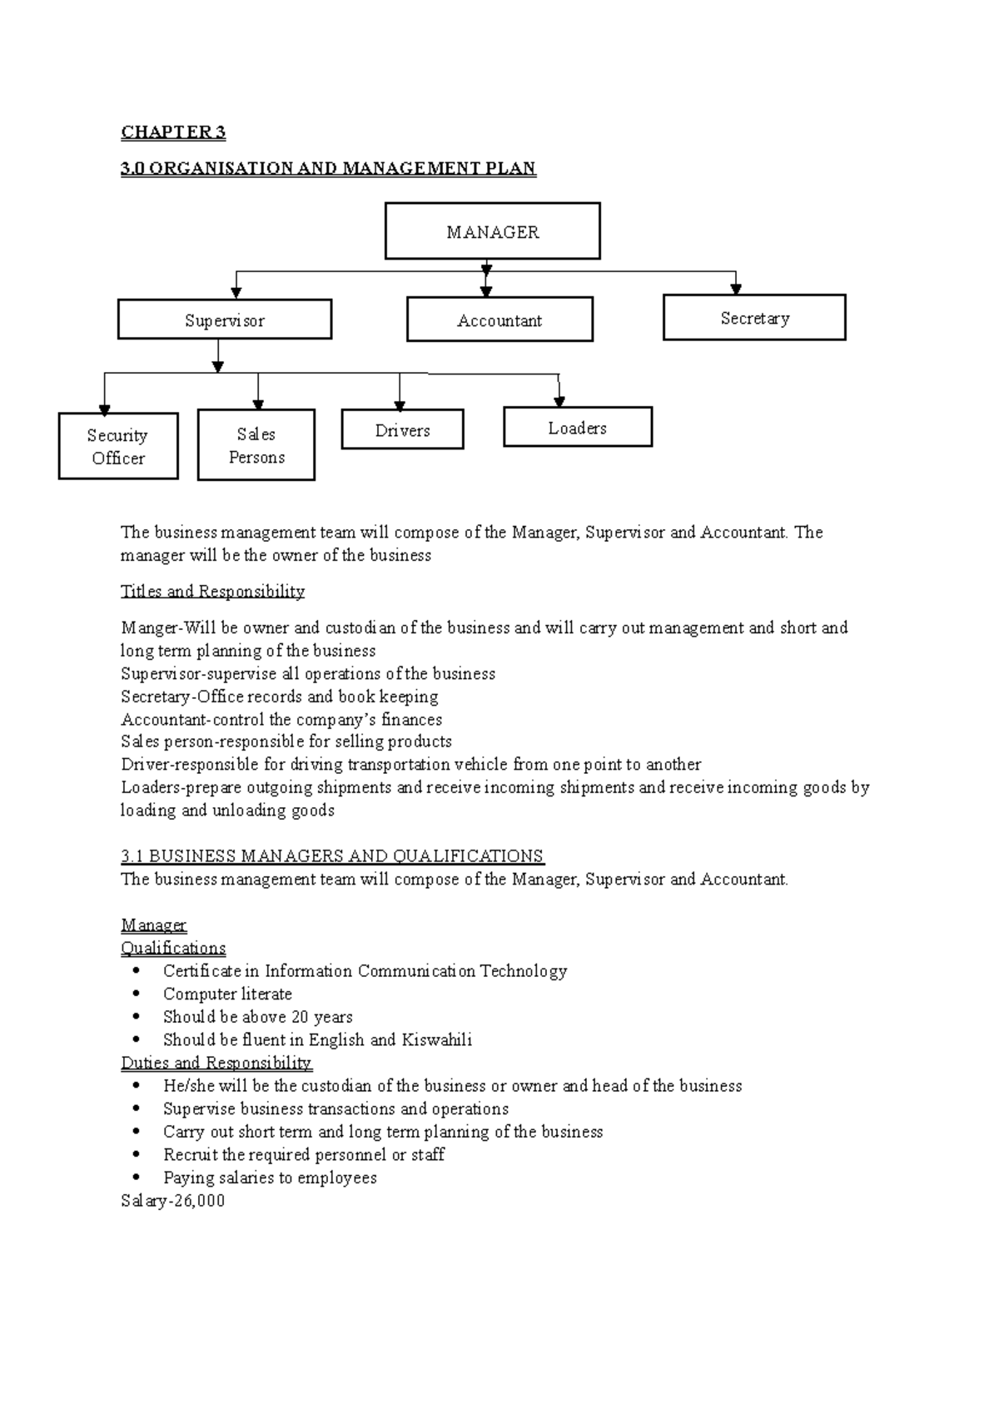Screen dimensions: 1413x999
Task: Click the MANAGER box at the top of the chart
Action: pyautogui.click(x=492, y=231)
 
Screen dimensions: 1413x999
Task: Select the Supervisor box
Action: pyautogui.click(x=225, y=320)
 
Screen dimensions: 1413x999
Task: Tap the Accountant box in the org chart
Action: pyautogui.click(x=499, y=320)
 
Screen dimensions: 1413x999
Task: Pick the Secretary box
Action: pyautogui.click(x=754, y=317)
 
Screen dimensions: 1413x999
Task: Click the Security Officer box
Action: pyautogui.click(x=118, y=446)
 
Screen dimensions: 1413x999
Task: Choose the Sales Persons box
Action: pyautogui.click(x=256, y=444)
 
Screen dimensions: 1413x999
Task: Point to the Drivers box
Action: pyautogui.click(x=402, y=429)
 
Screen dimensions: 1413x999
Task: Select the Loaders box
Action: pyautogui.click(x=578, y=427)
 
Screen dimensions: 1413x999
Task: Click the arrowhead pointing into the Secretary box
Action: pyautogui.click(x=736, y=288)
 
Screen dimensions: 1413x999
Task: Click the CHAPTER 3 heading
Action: pyautogui.click(x=173, y=132)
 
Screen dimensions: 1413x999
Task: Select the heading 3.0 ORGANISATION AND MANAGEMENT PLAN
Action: pyautogui.click(x=328, y=169)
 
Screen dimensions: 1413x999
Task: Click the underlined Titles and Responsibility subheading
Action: pyautogui.click(x=212, y=592)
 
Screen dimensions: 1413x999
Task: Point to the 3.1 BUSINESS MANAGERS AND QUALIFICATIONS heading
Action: pyautogui.click(x=332, y=856)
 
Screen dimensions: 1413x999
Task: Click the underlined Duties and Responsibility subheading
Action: pyautogui.click(x=216, y=1063)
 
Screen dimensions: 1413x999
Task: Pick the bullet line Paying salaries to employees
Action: pyautogui.click(x=270, y=1177)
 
